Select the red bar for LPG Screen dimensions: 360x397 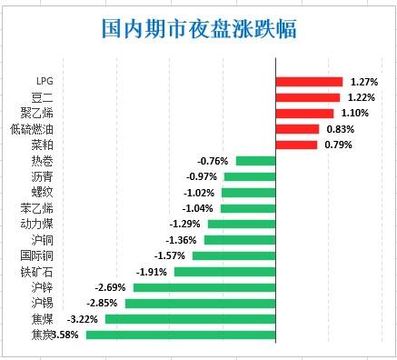tap(308, 82)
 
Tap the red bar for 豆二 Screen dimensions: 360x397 tap(307, 97)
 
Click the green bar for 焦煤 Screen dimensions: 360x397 tap(190, 319)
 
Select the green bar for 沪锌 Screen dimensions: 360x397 tap(203, 287)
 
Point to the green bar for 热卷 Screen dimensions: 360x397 tap(254, 161)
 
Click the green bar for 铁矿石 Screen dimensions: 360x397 tap(224, 272)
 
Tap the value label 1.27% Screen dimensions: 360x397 tap(363, 82)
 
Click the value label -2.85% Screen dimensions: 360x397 tap(103, 303)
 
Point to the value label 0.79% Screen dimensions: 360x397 tap(339, 145)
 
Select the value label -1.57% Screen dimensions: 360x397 tap(170, 255)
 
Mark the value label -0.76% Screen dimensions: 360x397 tap(213, 161)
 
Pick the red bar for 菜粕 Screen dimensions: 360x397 tap(297, 145)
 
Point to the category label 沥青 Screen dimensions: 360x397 tap(43, 176)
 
